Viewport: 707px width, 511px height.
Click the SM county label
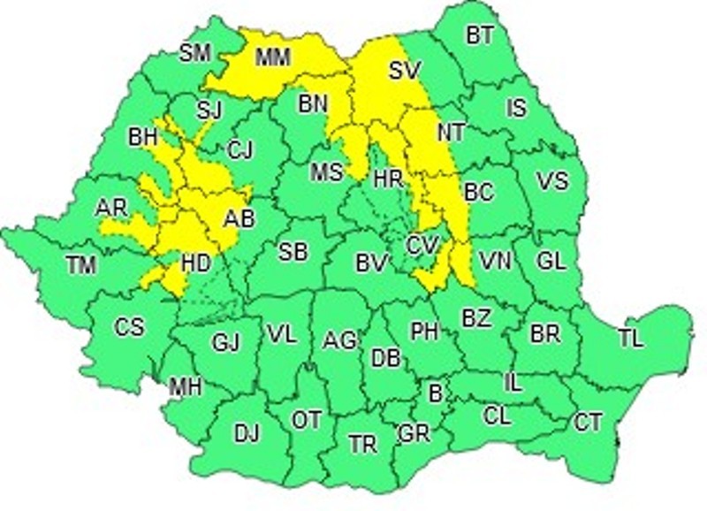coord(195,53)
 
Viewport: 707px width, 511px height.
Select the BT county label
coord(480,35)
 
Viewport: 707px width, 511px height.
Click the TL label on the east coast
coord(631,339)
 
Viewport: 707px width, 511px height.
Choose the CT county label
coord(589,423)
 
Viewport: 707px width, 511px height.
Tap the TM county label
coord(83,263)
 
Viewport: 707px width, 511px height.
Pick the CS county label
coord(129,327)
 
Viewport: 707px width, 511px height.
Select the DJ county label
coord(247,433)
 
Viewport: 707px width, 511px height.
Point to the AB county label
coord(239,218)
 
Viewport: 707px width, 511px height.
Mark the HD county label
coord(195,263)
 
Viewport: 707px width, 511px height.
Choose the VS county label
coord(552,181)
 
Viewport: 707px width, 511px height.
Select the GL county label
coord(551,262)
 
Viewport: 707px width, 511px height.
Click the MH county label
coord(186,386)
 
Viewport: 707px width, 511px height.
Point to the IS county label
coord(516,108)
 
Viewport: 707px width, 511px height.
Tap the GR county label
coord(414,434)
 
